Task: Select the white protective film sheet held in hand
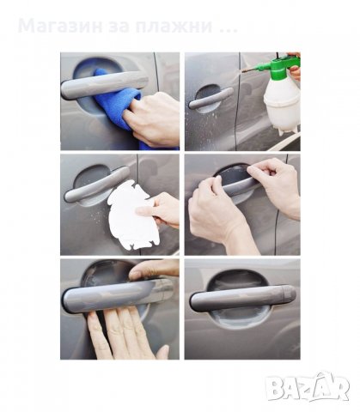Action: pos(131,215)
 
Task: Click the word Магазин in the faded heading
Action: pos(60,26)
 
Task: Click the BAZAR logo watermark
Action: pos(308,386)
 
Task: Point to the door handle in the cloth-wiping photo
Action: pos(104,83)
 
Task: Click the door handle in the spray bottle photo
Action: pos(211,98)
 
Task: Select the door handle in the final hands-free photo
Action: pos(243,299)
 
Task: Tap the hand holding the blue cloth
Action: pos(153,118)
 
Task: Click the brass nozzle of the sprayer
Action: pos(249,70)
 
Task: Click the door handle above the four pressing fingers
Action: pos(118,295)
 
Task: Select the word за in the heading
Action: pos(119,26)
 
